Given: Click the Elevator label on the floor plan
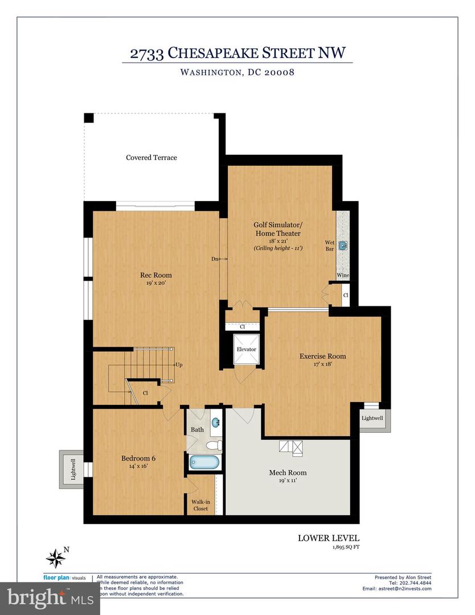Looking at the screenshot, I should (x=246, y=349).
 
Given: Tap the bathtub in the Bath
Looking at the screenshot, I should (x=203, y=462).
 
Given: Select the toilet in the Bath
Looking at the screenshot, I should (x=214, y=445).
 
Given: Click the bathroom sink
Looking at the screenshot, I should (x=216, y=423).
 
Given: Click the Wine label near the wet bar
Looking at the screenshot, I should (x=343, y=276).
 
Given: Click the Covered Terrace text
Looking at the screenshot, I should (x=151, y=157).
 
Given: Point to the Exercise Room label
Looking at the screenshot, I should (x=322, y=356).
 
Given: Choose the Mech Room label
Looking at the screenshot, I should (x=288, y=473).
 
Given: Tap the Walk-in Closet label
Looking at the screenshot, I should (x=200, y=505).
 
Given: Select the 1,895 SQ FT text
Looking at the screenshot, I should (x=346, y=547).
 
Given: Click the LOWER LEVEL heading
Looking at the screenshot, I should (x=329, y=538).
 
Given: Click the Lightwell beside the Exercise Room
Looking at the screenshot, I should (x=372, y=418).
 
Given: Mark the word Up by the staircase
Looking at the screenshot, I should (x=179, y=364).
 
